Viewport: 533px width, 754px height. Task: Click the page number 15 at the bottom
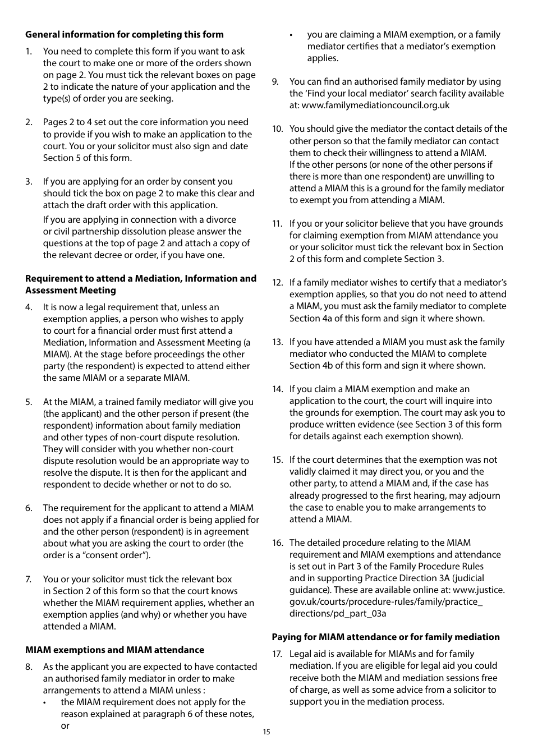pyautogui.click(x=266, y=732)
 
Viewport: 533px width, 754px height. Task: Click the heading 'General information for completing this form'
pyautogui.click(x=124, y=34)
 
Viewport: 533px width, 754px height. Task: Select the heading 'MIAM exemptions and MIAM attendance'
pyautogui.click(x=114, y=650)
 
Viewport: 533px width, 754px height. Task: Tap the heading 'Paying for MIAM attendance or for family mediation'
pyautogui.click(x=385, y=637)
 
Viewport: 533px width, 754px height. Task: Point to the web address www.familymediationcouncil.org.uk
pyautogui.click(x=375, y=105)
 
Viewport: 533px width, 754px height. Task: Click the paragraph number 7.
pyautogui.click(x=29, y=579)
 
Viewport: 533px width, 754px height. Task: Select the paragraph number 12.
pyautogui.click(x=277, y=282)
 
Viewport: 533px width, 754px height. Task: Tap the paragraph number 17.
pyautogui.click(x=277, y=654)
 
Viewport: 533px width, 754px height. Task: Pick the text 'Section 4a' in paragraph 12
pyautogui.click(x=312, y=318)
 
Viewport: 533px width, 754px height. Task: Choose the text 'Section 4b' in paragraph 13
pyautogui.click(x=312, y=365)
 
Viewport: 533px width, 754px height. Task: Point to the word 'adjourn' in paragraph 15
pyautogui.click(x=484, y=495)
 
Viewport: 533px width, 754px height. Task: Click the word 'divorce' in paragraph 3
pyautogui.click(x=220, y=219)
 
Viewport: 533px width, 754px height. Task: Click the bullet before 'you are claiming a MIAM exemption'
pyautogui.click(x=291, y=35)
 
